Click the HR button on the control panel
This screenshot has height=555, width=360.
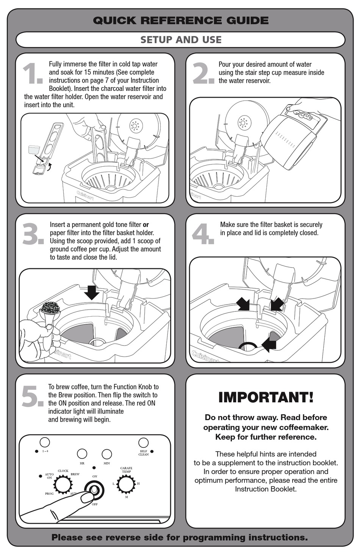coord(82,453)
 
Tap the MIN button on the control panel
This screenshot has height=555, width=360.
coord(107,454)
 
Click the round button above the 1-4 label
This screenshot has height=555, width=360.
coord(45,442)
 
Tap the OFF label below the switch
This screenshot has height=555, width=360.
coord(95,504)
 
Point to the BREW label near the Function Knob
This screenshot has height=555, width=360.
coord(75,474)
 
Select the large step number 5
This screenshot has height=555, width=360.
coord(32,397)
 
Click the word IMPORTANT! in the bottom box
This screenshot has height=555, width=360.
coord(266,397)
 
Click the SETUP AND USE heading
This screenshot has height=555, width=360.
coord(181,40)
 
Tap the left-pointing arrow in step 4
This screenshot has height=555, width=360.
coord(269,344)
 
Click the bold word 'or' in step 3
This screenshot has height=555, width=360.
coord(146,225)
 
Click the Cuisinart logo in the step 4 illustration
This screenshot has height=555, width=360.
coord(205,356)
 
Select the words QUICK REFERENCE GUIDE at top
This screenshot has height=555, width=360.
coord(181,20)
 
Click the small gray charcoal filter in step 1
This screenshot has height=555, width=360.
coord(34,149)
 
